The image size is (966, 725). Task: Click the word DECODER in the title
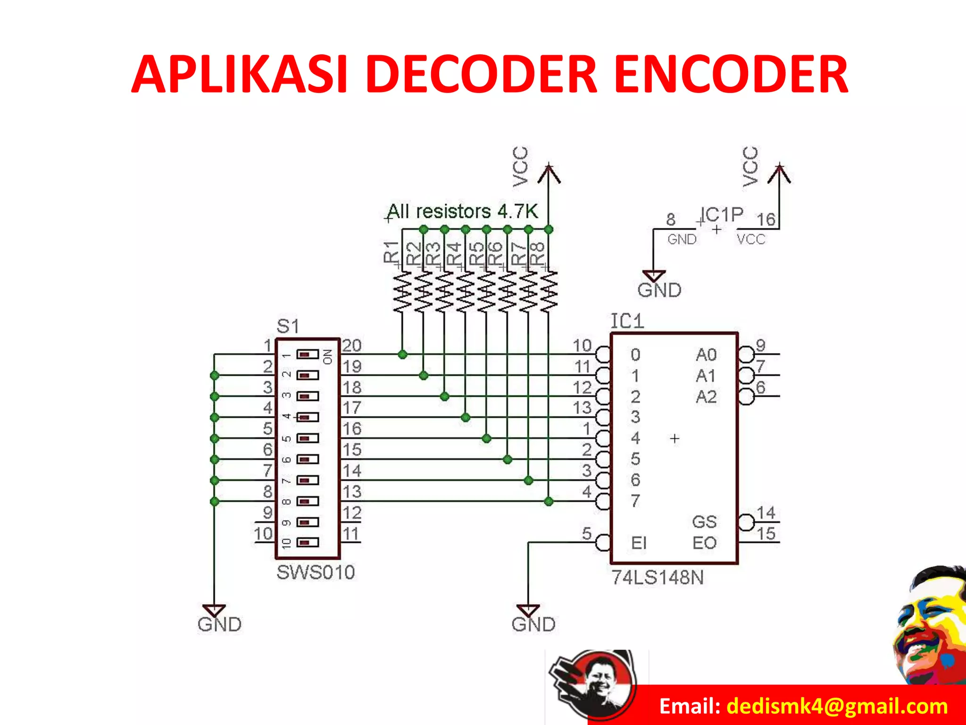pos(481,75)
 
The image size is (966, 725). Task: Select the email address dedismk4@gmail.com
pos(837,706)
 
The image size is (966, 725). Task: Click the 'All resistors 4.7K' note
pos(462,211)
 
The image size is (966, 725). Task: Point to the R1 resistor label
pos(391,251)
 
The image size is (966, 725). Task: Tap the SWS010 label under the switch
pos(316,573)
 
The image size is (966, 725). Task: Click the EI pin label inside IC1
pos(639,543)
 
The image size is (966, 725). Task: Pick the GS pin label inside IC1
pos(704,522)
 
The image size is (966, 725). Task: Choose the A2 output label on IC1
pos(706,397)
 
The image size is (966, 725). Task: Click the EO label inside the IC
pos(704,543)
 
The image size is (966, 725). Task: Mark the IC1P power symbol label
pos(722,215)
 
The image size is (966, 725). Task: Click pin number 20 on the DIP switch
pos(351,346)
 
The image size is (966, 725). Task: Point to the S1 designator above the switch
pos(288,326)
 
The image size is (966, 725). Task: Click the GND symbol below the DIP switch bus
pos(215,612)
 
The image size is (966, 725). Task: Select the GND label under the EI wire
pos(533,624)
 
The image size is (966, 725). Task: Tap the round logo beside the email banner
pos(592,684)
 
